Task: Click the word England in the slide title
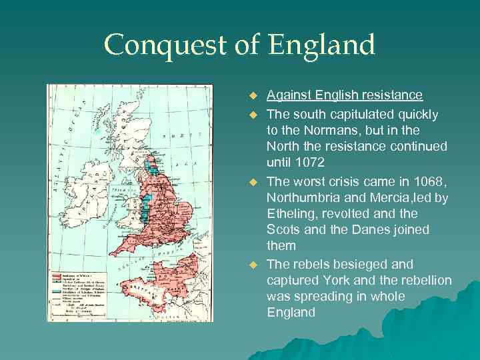(322, 45)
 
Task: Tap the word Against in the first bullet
(286, 95)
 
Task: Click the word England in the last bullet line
(291, 313)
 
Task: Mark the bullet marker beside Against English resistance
(252, 96)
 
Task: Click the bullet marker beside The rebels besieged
(252, 265)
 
